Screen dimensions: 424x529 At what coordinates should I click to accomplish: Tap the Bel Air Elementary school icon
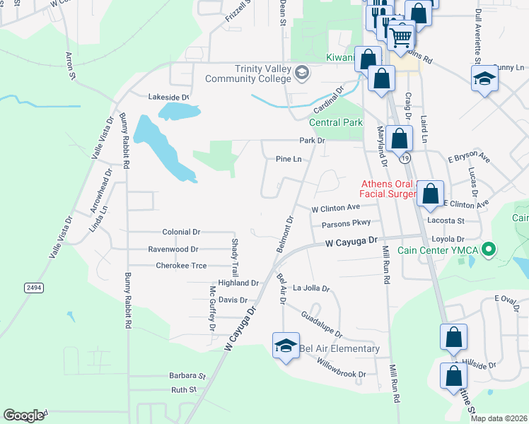pos(286,346)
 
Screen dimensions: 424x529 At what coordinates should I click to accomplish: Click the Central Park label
pos(335,122)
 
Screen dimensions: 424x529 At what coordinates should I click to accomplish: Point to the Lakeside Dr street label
pos(168,97)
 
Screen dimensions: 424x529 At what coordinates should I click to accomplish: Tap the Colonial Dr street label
pos(181,232)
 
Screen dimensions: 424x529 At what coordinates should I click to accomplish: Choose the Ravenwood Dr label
pos(173,249)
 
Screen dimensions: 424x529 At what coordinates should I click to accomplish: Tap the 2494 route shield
pos(33,288)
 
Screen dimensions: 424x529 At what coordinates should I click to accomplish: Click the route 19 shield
pos(403,160)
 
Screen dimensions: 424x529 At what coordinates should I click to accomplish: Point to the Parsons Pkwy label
pos(346,225)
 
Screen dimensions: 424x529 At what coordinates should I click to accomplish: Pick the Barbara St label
pos(187,376)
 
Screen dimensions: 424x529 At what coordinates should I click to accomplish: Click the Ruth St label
pos(183,389)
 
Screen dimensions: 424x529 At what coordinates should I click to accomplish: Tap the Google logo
pos(23,416)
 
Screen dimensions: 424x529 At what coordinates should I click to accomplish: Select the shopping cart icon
pos(400,35)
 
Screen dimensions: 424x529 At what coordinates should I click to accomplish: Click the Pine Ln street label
pos(289,160)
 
